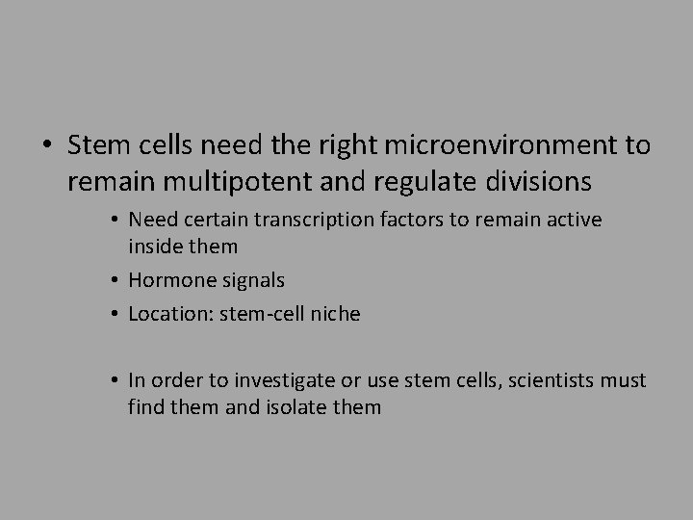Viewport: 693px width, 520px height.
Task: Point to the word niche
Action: [334, 314]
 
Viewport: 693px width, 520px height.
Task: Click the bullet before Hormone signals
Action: [115, 281]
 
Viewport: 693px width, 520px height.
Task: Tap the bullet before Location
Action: [115, 315]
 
